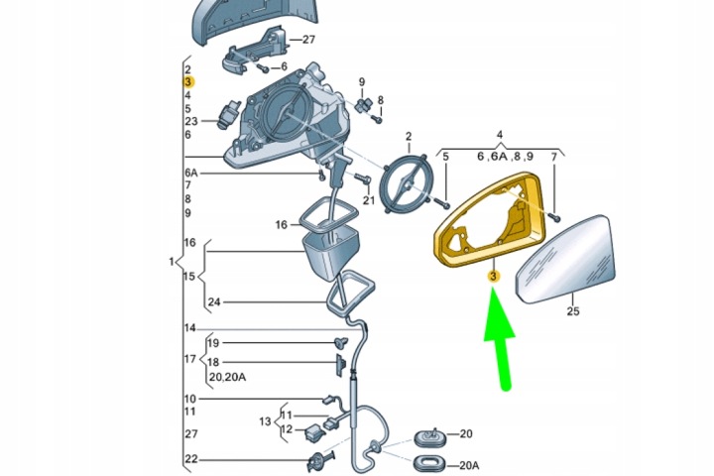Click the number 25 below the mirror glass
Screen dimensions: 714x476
tap(573, 311)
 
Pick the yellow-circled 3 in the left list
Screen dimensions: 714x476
tap(188, 82)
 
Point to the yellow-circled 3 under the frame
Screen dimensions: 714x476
tap(494, 276)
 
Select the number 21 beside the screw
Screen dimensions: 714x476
tap(368, 200)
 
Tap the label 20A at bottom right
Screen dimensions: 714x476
tap(469, 465)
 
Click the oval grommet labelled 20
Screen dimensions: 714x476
tap(429, 437)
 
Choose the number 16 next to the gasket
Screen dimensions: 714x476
tap(281, 224)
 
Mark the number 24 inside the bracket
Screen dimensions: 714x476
tap(214, 302)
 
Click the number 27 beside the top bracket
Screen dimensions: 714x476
tap(308, 40)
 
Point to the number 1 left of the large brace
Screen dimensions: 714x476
tap(172, 262)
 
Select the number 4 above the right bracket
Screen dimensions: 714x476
tap(500, 135)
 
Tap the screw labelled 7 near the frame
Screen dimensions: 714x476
tap(554, 217)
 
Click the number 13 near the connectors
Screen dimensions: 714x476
tap(265, 421)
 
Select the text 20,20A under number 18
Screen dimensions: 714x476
tap(227, 377)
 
